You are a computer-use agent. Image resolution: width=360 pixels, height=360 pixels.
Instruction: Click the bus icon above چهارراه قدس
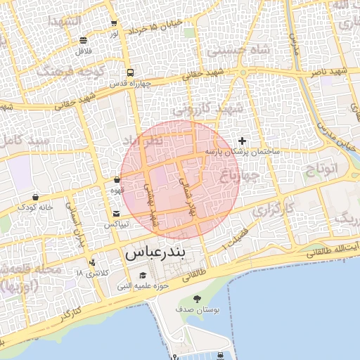[x=130, y=72]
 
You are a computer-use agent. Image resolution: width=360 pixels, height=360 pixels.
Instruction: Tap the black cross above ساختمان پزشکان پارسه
[x=243, y=141]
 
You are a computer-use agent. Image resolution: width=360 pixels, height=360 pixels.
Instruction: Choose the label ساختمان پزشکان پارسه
[x=243, y=151]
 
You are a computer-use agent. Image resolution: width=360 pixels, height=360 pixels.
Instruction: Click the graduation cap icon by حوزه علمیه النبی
[x=142, y=275]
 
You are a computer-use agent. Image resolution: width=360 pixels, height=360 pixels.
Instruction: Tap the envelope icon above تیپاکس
[x=117, y=214]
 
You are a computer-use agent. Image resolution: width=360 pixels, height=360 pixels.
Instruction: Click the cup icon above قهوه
[x=117, y=180]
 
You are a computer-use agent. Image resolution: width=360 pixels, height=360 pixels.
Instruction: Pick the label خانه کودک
[x=35, y=207]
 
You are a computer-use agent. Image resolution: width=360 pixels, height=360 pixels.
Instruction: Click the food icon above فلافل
[x=84, y=41]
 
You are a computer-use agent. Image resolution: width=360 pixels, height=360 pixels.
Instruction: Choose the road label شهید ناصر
[x=330, y=72]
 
